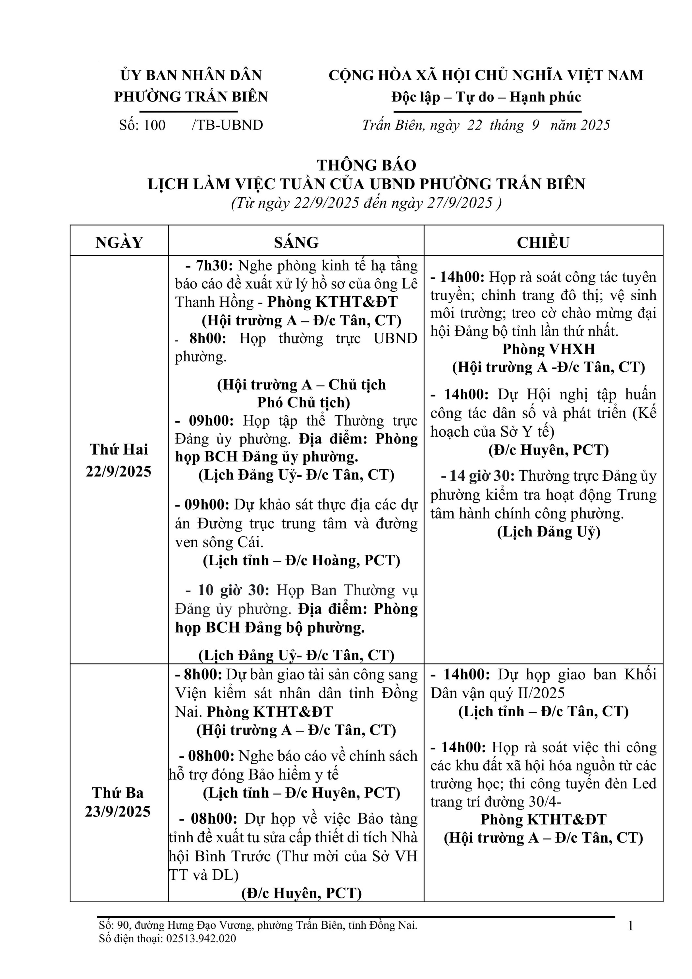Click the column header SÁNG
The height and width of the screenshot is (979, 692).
click(296, 242)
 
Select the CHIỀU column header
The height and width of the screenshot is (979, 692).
click(543, 242)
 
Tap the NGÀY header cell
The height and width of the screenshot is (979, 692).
click(119, 242)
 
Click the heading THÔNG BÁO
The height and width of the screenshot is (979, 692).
click(367, 165)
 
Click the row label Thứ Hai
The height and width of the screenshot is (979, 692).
click(119, 449)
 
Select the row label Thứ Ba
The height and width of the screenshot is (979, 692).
click(118, 793)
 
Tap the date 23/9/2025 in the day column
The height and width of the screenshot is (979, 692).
click(118, 811)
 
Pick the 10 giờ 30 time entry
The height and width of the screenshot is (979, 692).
click(233, 590)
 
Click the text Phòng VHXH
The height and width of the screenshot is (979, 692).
click(549, 349)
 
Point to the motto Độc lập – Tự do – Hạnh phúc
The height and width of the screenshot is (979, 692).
click(486, 97)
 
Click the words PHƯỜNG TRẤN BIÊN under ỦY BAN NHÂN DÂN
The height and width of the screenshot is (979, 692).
click(191, 97)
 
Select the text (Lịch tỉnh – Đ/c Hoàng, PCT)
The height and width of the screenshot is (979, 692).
click(301, 560)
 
